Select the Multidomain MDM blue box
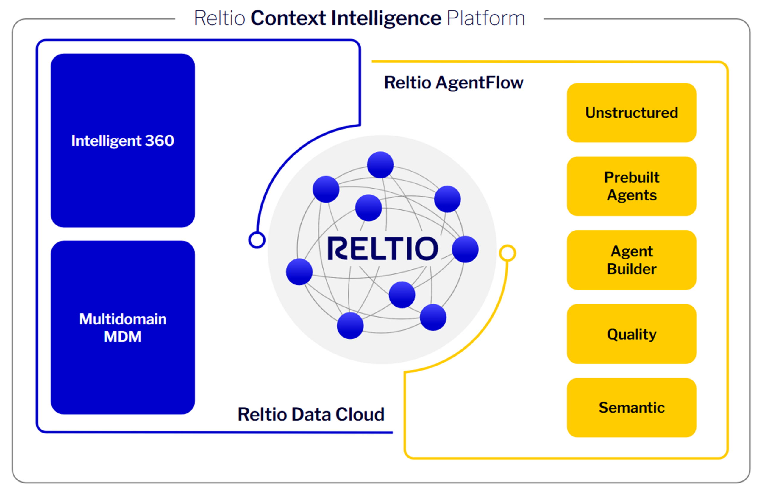pos(123,327)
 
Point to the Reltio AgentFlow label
pos(453,83)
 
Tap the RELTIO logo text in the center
pos(382,248)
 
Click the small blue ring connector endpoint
pos(257,240)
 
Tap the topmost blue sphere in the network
pos(380,165)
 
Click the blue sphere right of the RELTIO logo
pos(465,249)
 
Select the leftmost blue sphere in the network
pos(299,272)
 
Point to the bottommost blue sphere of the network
pos(350,325)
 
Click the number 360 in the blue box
pos(159,141)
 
